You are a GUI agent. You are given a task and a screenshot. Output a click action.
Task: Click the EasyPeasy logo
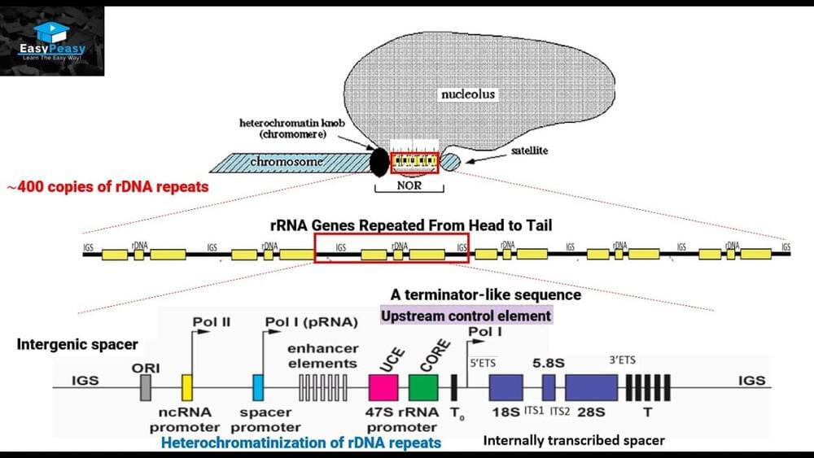point(52,41)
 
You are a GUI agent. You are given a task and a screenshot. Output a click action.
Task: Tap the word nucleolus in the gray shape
point(467,94)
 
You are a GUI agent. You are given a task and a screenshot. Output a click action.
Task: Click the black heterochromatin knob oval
point(379,161)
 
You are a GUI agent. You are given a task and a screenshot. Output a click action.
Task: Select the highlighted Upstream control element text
point(466,315)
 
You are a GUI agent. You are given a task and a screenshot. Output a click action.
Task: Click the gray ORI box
point(146,387)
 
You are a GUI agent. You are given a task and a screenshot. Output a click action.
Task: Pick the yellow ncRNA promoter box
point(186,386)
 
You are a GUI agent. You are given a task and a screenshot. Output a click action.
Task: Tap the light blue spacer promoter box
point(259,386)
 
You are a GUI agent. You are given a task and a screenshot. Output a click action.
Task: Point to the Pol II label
point(212,321)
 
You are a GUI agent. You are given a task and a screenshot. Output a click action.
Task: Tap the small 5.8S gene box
point(549,386)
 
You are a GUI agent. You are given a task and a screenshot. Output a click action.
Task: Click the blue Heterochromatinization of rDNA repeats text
point(301,443)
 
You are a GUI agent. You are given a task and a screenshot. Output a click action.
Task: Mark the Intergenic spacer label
point(77,345)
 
